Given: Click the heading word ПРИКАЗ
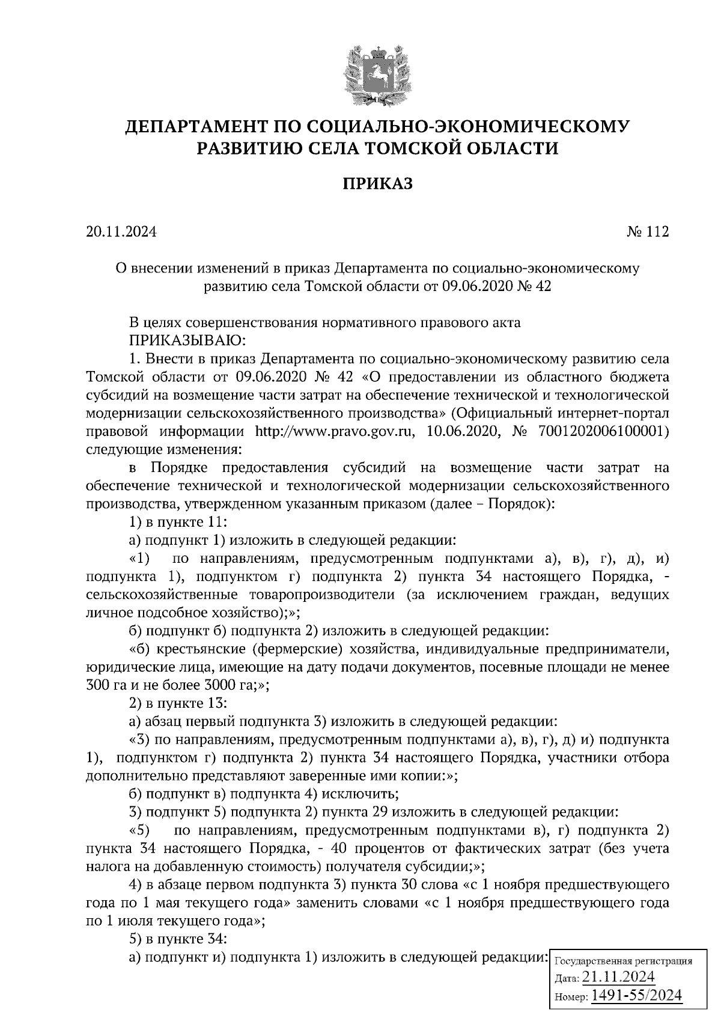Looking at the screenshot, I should (x=377, y=183).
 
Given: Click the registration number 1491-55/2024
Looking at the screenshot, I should (x=636, y=996).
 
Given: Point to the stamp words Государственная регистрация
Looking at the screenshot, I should (x=621, y=961).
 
